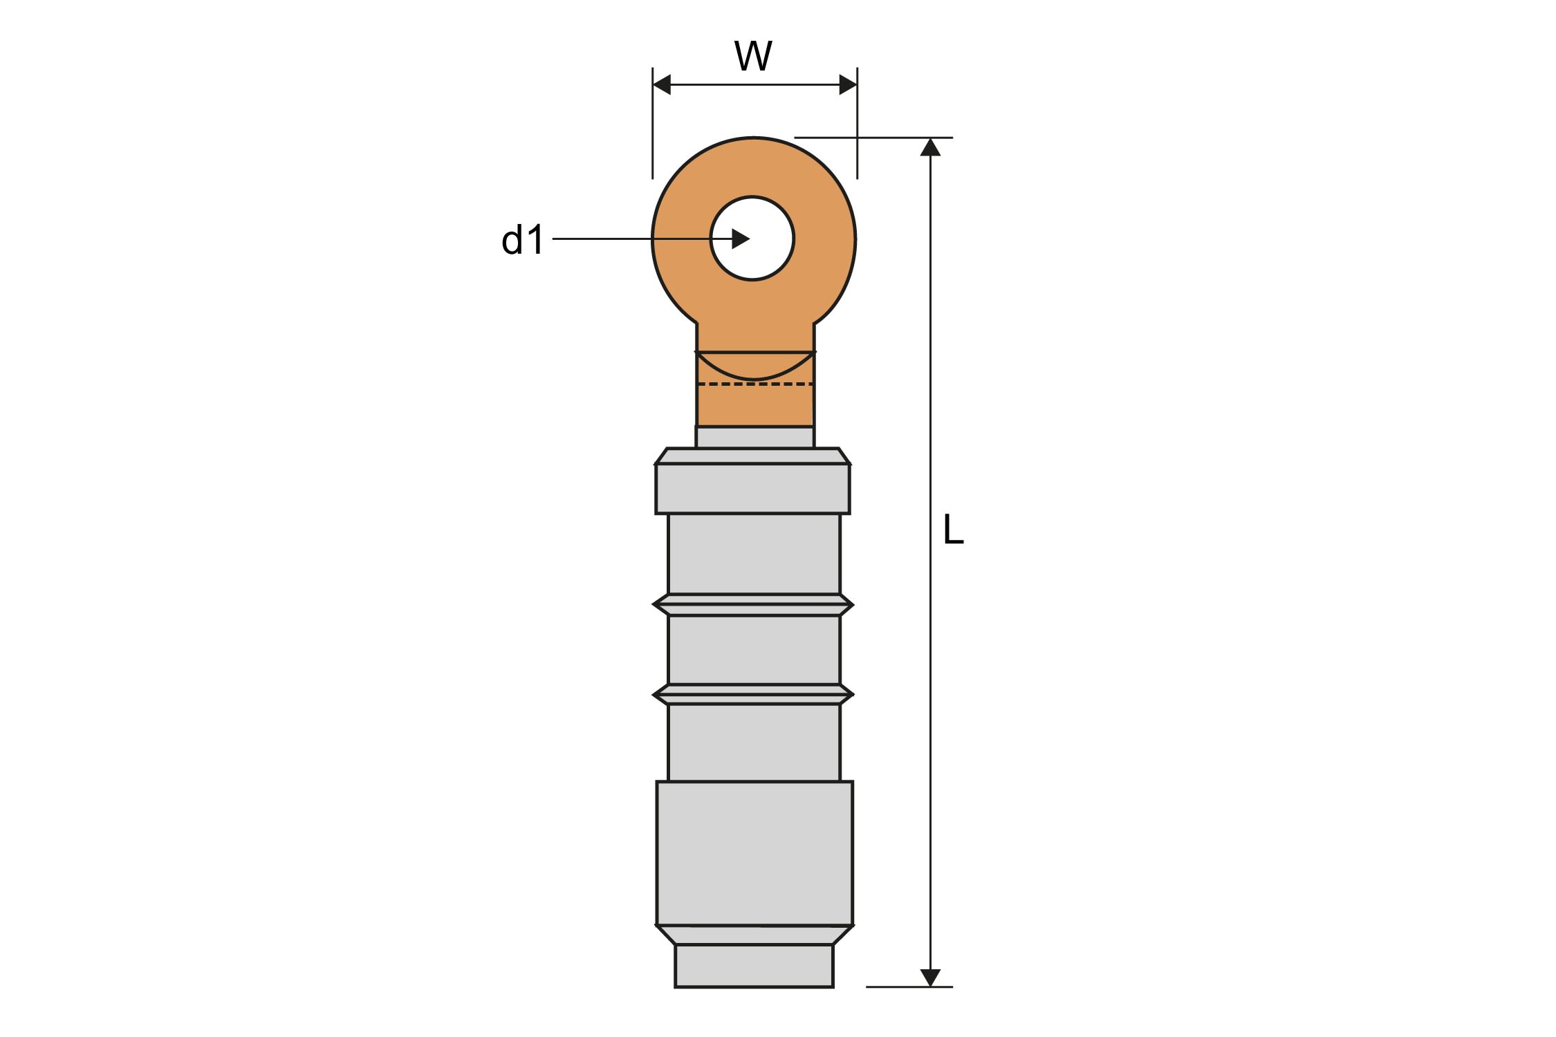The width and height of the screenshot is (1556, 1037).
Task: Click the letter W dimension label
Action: [x=753, y=56]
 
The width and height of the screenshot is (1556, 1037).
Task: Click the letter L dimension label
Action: [x=953, y=530]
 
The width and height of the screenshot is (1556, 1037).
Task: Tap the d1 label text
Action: [x=523, y=240]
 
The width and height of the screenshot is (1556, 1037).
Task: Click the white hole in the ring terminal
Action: [x=752, y=239]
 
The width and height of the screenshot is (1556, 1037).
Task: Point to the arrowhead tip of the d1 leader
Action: [x=750, y=239]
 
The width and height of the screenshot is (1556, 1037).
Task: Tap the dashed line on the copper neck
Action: [x=755, y=384]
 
